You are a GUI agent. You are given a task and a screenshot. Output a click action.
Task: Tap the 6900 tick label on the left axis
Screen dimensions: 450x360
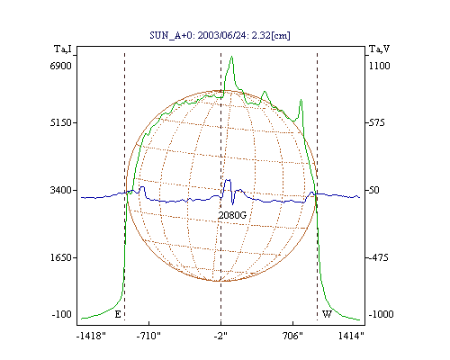click(x=60, y=66)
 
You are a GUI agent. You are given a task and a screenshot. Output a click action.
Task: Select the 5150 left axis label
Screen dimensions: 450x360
click(x=60, y=122)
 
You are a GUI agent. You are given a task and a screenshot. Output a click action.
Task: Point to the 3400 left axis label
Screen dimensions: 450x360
click(x=60, y=190)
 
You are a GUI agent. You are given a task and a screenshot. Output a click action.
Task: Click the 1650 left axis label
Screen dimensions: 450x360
click(x=60, y=257)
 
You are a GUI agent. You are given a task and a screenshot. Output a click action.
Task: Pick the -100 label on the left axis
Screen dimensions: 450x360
click(x=62, y=314)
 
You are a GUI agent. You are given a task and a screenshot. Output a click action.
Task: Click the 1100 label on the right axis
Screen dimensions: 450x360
click(x=380, y=66)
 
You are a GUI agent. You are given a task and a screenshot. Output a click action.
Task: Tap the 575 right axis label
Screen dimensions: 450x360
click(x=376, y=122)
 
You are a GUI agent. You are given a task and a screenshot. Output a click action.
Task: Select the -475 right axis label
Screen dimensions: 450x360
click(x=378, y=257)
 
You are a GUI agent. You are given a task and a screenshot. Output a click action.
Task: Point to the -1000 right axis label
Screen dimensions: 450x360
click(x=381, y=314)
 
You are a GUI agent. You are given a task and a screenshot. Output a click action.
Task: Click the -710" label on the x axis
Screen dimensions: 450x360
click(x=148, y=336)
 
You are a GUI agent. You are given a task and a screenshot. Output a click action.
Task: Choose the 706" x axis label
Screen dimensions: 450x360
click(x=292, y=336)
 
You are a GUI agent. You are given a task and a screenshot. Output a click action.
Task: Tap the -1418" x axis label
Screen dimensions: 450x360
click(x=91, y=336)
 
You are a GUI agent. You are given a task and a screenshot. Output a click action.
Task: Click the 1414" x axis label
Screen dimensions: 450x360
click(x=351, y=336)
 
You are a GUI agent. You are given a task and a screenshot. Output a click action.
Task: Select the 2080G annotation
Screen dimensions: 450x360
click(x=232, y=215)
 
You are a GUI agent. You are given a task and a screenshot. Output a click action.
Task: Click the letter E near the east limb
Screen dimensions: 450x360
click(x=118, y=314)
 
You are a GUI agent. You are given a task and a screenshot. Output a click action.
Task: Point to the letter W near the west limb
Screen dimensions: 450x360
click(x=327, y=314)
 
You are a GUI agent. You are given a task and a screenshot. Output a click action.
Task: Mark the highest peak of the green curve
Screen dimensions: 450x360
click(x=231, y=56)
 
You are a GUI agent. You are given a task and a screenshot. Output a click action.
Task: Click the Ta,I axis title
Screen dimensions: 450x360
click(x=63, y=49)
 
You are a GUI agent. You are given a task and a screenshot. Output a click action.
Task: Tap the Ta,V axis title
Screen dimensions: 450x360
click(x=380, y=49)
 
